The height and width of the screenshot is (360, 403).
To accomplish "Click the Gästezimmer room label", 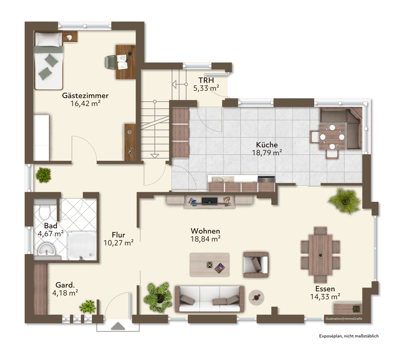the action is (85, 95).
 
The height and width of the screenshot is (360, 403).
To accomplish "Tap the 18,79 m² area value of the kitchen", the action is (267, 153).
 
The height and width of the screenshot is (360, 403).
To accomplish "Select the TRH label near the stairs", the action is (206, 80).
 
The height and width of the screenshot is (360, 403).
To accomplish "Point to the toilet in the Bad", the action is (44, 212).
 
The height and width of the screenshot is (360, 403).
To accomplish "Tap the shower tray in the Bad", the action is (82, 245).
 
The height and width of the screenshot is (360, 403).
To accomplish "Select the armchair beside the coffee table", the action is (256, 265).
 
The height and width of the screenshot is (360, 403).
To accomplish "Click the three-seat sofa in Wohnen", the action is (210, 299).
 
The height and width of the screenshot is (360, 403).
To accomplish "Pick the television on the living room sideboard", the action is (209, 201).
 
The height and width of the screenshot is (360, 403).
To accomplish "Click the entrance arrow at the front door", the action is (118, 326).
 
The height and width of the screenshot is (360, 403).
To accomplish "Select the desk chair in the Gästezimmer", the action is (110, 62).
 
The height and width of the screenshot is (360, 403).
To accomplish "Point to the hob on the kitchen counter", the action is (266, 179).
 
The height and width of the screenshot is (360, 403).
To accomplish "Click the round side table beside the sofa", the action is (256, 297).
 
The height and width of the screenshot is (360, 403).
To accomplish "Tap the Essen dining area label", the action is (325, 289).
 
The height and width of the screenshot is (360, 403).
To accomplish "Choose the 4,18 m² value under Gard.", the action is (65, 293).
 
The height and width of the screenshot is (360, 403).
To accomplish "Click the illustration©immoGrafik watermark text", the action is (344, 319).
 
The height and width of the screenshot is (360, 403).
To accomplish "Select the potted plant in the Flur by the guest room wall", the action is (43, 175).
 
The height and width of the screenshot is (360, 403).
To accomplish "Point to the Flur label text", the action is (118, 235).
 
